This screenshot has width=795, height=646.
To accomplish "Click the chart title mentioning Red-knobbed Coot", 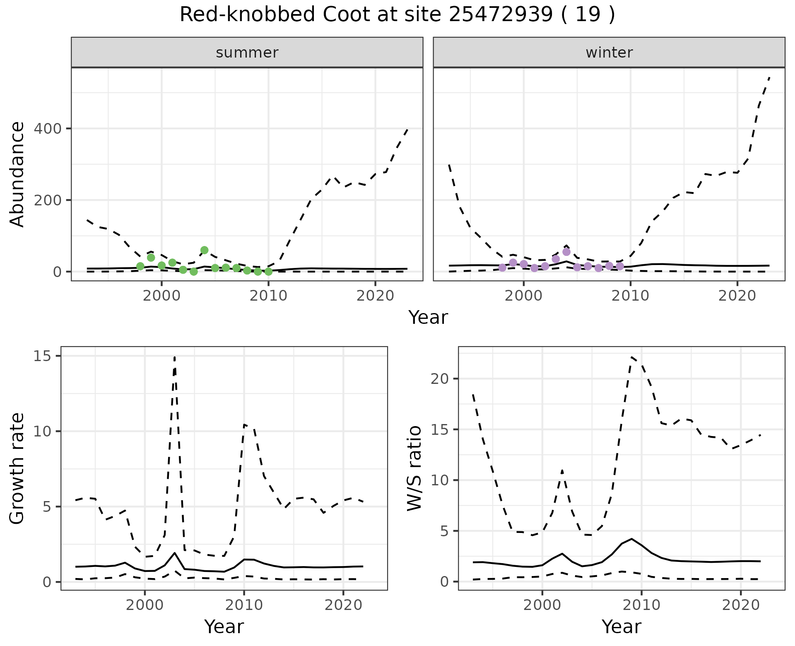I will click(397, 15).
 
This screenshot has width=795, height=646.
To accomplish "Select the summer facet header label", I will click(247, 53).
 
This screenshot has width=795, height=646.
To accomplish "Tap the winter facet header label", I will click(609, 53).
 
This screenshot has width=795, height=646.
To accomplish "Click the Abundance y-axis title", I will click(17, 174).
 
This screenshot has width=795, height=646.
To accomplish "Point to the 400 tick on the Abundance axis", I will click(49, 129).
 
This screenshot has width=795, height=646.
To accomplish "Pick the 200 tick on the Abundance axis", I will click(49, 200).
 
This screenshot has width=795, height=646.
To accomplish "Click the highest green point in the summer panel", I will click(204, 250).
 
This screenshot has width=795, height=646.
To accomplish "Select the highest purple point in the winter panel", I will click(566, 252).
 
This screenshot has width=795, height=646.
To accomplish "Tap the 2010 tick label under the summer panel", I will click(268, 296).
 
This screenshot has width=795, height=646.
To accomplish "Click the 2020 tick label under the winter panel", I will click(737, 296).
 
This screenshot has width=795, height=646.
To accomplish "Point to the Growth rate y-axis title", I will click(17, 469).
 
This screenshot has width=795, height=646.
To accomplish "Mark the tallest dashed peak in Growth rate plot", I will click(175, 357).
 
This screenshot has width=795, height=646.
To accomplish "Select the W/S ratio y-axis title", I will click(414, 468).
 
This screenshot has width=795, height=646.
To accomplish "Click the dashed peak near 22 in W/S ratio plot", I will click(632, 357).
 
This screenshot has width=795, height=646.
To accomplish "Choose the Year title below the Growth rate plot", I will click(224, 627).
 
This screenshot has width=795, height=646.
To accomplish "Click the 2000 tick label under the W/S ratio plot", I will click(542, 605).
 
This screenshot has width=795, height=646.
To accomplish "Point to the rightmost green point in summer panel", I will click(268, 272).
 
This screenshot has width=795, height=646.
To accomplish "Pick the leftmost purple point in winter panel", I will click(502, 268).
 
